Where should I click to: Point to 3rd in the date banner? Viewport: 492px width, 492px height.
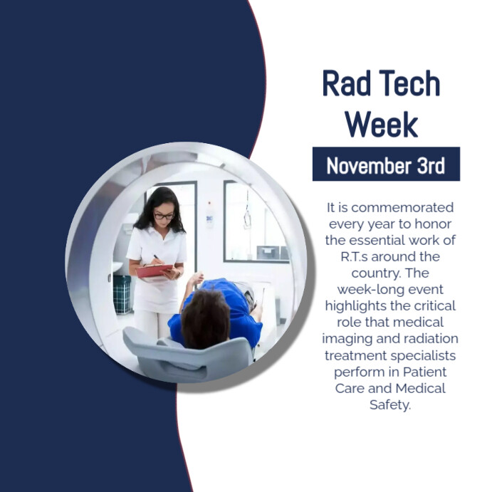point(430,166)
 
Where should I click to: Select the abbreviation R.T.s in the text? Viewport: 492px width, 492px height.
point(356,256)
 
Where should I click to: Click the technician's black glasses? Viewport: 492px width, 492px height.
point(163,215)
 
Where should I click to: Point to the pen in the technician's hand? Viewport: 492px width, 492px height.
point(156,259)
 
